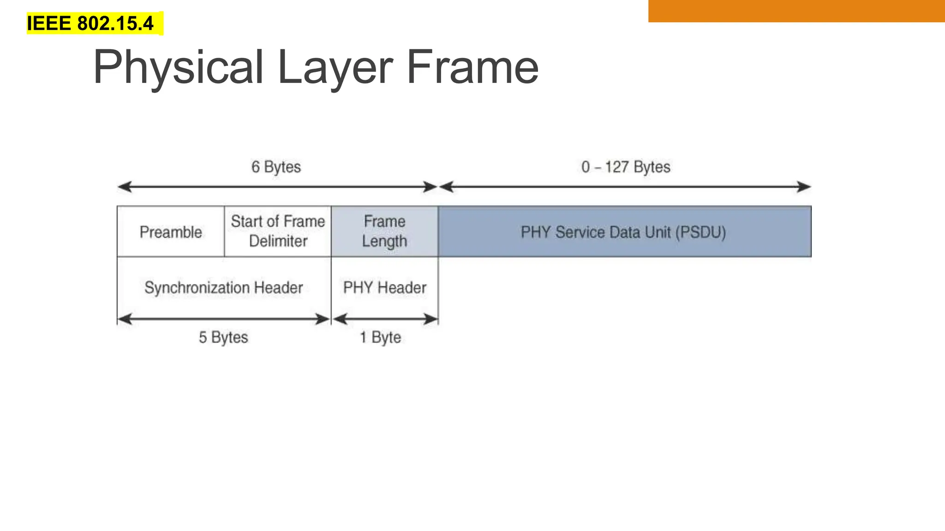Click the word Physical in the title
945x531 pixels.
(x=178, y=67)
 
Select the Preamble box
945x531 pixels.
(x=171, y=231)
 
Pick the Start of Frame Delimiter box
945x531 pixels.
(x=278, y=231)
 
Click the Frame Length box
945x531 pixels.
(x=384, y=231)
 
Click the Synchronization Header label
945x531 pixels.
(x=224, y=288)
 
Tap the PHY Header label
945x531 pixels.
(x=385, y=288)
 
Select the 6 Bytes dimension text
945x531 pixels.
(x=276, y=167)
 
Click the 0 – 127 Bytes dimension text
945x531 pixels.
(x=626, y=167)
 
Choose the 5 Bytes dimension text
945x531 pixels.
(x=223, y=337)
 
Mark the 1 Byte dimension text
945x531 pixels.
(x=380, y=337)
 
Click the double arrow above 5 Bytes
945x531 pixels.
(x=224, y=319)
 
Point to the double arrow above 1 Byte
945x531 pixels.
(x=385, y=319)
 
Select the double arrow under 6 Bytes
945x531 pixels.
(x=277, y=187)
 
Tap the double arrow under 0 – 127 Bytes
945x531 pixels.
(x=625, y=187)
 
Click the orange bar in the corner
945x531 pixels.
(x=796, y=11)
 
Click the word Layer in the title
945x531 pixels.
(x=335, y=67)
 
